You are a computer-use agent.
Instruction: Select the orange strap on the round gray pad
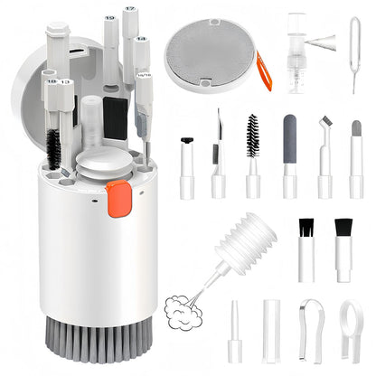tap(264, 70)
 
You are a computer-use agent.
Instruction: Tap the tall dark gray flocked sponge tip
tap(289, 140)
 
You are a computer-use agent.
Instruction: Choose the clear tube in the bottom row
tap(271, 330)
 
